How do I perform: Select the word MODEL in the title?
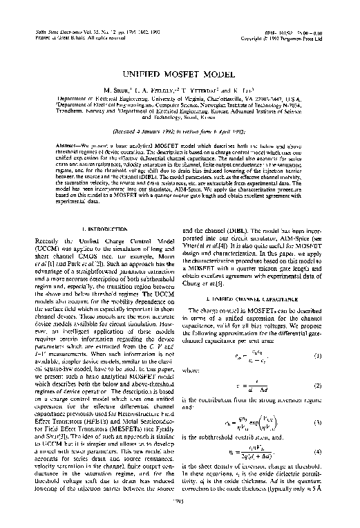tap(211, 72)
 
